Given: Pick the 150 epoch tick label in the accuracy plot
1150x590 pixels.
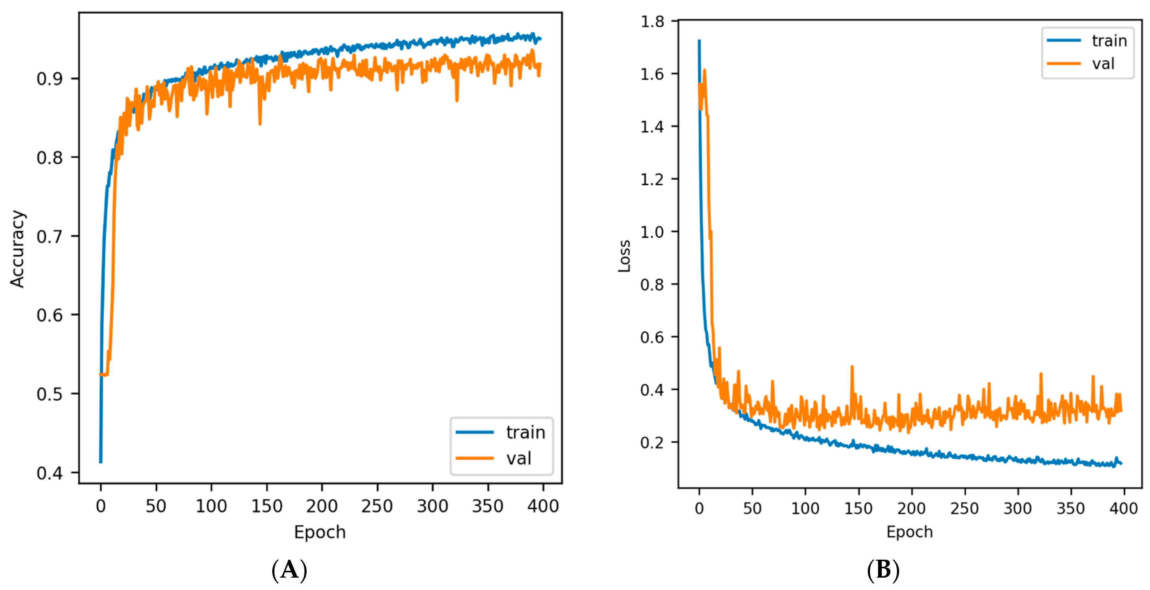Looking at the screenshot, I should [x=266, y=506].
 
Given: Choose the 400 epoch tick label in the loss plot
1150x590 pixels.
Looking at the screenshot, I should [x=1123, y=508].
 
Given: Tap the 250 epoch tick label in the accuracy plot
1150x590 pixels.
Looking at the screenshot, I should [x=377, y=506].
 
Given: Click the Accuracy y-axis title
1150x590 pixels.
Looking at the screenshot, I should [x=18, y=249].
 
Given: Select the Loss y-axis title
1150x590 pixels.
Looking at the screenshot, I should [x=624, y=256].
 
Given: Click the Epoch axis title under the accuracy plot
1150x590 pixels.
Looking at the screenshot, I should [x=320, y=532].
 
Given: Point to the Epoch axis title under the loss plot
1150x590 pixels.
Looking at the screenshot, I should [x=909, y=532].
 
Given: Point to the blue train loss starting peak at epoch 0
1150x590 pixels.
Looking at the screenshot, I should [x=699, y=41].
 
